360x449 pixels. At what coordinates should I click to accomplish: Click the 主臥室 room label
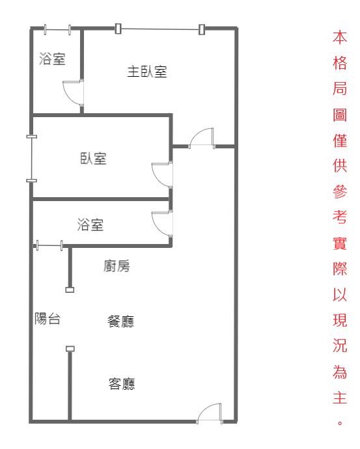[x=147, y=72]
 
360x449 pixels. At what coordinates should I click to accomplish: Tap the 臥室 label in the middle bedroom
[x=93, y=158]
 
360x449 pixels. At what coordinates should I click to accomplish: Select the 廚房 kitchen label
[x=117, y=266]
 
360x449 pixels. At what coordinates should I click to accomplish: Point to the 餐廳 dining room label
[x=120, y=321]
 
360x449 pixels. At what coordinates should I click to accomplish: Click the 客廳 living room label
[x=122, y=384]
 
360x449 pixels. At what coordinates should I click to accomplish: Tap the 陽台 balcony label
[x=48, y=318]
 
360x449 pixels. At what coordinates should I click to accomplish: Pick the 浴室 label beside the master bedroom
[x=53, y=59]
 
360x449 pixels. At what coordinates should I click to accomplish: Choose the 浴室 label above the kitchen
[x=90, y=224]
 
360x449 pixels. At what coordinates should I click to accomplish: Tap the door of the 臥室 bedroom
[x=162, y=174]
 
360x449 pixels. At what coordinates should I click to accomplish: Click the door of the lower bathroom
[x=162, y=224]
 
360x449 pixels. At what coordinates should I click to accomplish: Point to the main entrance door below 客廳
[x=210, y=414]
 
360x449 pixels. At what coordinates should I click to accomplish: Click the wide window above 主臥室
[x=160, y=29]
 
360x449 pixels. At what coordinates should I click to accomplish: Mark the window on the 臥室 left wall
[x=31, y=159]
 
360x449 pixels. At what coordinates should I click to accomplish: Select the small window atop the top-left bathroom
[x=57, y=29]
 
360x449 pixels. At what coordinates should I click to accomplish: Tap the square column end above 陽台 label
[x=70, y=290]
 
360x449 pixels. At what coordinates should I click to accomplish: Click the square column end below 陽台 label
[x=70, y=349]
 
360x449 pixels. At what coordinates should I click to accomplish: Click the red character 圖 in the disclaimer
[x=340, y=115]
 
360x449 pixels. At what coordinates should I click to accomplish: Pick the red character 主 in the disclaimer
[x=340, y=398]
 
